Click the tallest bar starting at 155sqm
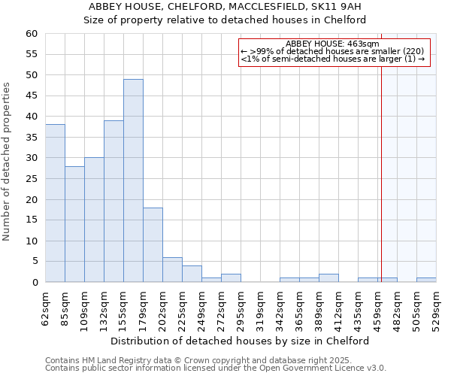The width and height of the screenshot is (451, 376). point(133,180)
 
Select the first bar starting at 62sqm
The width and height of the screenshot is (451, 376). point(55,203)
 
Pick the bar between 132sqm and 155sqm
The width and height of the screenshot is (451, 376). point(114,202)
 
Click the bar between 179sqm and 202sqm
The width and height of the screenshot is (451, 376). point(153,245)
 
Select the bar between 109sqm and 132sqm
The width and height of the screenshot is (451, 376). point(94,220)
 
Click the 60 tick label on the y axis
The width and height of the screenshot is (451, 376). point(32,34)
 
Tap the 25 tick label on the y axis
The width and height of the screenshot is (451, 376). point(32,179)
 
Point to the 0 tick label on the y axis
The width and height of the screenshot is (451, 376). point(35,283)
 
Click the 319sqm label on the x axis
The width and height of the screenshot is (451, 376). point(260,309)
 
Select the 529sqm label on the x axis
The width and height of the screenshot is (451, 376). point(436,309)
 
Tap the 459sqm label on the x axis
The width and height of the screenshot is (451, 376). point(377,309)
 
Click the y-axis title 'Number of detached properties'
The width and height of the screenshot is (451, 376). point(8,162)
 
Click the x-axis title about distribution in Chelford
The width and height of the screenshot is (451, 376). point(245,341)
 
